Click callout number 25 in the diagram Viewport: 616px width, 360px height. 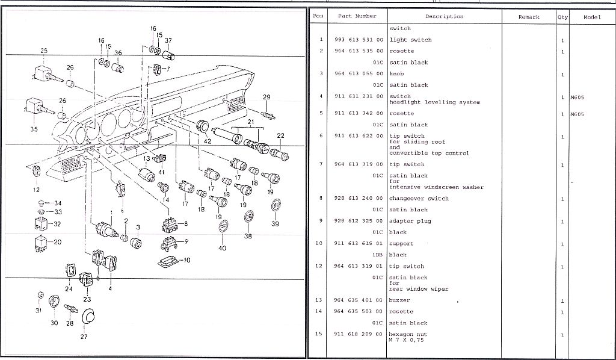coord(43,51)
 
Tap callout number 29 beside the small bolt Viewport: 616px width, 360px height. coord(266,98)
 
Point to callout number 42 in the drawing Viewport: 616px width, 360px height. coord(208,141)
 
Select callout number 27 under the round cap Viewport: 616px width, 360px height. coord(84,337)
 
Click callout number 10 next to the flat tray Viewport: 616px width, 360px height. coord(187,260)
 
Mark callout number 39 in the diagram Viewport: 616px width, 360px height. coord(275,223)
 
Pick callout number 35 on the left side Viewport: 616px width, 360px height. coord(34,129)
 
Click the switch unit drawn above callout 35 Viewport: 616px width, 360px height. coord(34,107)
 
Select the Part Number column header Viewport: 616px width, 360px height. coord(357,17)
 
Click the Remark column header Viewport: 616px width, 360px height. coord(529,17)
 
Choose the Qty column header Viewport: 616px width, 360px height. coord(562,17)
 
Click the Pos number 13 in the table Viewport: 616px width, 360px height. coord(321,300)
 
